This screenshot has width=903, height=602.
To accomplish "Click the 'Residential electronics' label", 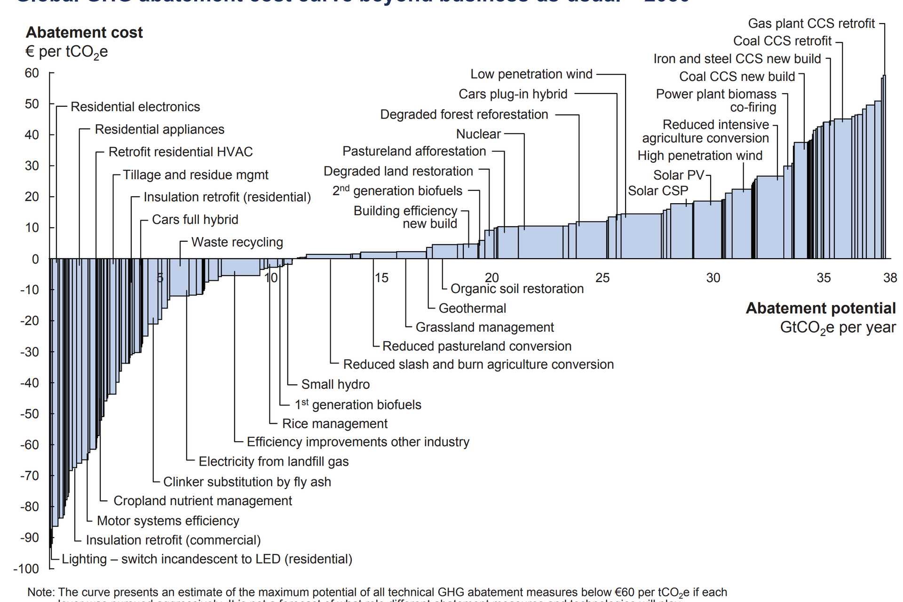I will (135, 107).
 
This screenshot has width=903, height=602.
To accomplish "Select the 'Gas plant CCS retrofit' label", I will (811, 24).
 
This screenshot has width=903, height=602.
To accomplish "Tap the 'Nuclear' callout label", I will (478, 134).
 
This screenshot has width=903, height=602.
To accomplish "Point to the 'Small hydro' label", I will (335, 384).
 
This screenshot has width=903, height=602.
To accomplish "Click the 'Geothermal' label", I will (472, 308).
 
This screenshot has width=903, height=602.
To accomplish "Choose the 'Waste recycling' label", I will (237, 242).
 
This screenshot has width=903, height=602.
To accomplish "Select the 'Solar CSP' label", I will (658, 191).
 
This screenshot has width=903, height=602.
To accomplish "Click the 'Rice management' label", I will (334, 424).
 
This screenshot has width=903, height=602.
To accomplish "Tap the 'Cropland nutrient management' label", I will (203, 501).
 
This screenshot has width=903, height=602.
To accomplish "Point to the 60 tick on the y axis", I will (32, 73).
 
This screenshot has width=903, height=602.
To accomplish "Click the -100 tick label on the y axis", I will (26, 569).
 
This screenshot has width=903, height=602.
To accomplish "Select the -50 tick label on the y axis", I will (29, 414).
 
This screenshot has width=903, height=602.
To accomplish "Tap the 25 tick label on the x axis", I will (602, 278).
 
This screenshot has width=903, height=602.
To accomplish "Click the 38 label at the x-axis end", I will (890, 278).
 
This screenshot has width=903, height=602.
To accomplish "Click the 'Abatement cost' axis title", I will (84, 32).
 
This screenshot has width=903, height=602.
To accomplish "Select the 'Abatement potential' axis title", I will (821, 308).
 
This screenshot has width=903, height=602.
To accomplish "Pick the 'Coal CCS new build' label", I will (737, 77).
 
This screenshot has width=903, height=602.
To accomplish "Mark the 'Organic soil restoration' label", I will (517, 289).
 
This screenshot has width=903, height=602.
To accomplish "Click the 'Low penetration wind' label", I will (531, 74).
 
